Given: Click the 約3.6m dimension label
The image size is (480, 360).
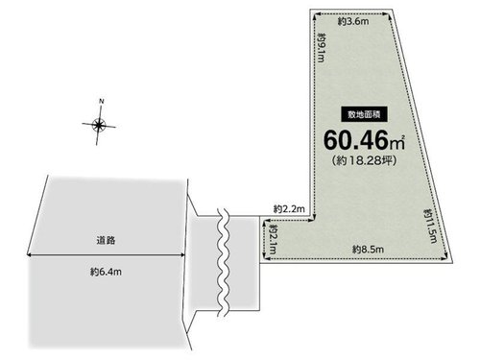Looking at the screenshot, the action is pos(353,22).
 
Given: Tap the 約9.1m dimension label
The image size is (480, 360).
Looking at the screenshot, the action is pos(321,47).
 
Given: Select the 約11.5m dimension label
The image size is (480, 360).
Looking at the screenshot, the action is pos(430,226).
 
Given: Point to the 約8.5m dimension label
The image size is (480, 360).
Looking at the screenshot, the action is pos(368,250).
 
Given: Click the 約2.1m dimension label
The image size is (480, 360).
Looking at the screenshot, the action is pos(273,239).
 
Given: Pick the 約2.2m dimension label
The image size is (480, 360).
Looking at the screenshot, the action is pos(289,209).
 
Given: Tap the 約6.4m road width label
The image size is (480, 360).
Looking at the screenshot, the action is pos(106,272).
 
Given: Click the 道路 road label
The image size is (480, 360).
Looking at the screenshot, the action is pos(106,240).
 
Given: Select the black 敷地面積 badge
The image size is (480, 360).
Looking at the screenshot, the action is pos(365,114).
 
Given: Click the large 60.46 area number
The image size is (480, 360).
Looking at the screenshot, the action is pos(356,140).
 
